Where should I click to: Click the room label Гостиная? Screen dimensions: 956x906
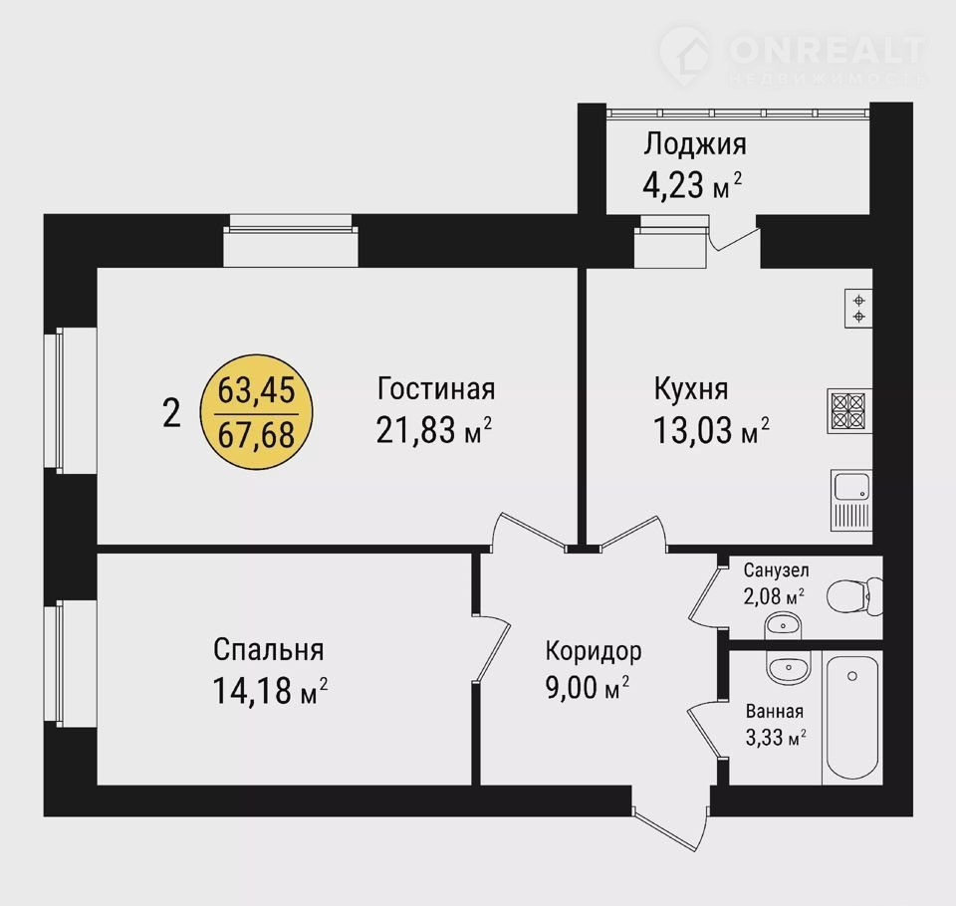(436, 388)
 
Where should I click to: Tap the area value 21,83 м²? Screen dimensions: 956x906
(434, 429)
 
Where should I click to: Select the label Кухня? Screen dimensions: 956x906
(691, 389)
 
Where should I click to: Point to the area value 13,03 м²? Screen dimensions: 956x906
(711, 429)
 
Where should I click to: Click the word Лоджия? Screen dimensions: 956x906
(695, 145)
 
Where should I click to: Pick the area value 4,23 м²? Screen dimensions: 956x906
(693, 185)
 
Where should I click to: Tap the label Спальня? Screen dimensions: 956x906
(268, 650)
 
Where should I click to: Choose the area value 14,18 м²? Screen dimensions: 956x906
(270, 691)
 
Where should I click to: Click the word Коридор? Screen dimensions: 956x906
(594, 651)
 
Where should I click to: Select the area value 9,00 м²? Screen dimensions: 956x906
(588, 688)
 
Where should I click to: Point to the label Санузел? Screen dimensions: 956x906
(776, 570)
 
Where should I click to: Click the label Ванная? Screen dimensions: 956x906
(775, 711)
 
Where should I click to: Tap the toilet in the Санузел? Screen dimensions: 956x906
(854, 595)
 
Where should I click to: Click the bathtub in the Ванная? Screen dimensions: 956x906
(851, 717)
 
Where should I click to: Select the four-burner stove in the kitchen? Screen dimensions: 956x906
(849, 410)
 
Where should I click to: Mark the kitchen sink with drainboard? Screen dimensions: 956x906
(851, 500)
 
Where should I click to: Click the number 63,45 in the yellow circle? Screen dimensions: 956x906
(257, 390)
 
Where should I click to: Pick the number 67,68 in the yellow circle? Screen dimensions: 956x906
(257, 434)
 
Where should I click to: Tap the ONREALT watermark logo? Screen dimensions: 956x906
(793, 56)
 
